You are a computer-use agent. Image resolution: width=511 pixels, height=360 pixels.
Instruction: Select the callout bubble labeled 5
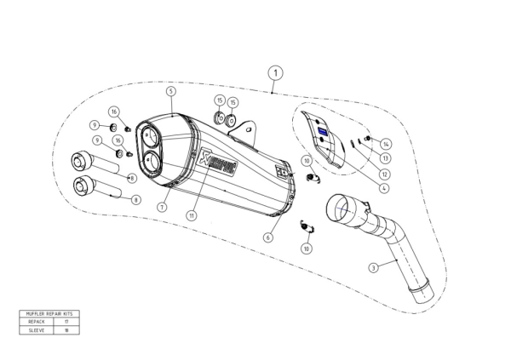(171, 91)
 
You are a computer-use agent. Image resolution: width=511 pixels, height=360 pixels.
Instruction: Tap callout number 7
(160, 207)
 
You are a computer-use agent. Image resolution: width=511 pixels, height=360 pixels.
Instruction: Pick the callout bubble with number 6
(267, 237)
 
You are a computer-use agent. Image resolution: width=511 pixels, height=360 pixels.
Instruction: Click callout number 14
(386, 143)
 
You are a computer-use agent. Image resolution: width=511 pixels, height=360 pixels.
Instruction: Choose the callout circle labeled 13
(385, 157)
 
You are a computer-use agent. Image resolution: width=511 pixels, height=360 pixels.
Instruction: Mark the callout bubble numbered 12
(385, 174)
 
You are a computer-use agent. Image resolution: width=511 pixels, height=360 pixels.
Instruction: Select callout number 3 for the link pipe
(373, 267)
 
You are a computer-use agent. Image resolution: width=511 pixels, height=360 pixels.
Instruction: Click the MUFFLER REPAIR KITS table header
(47, 314)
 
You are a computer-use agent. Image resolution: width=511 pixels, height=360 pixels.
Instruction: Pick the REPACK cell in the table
(33, 321)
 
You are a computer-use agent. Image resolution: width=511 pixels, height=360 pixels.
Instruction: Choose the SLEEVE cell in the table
(33, 329)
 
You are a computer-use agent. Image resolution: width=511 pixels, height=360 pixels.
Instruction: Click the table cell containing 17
(66, 321)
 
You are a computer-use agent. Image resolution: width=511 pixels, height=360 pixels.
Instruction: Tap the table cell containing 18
(66, 329)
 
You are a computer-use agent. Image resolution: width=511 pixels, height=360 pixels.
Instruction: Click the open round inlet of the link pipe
(340, 207)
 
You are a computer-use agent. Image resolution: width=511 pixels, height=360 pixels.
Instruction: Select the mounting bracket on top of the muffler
(249, 132)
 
